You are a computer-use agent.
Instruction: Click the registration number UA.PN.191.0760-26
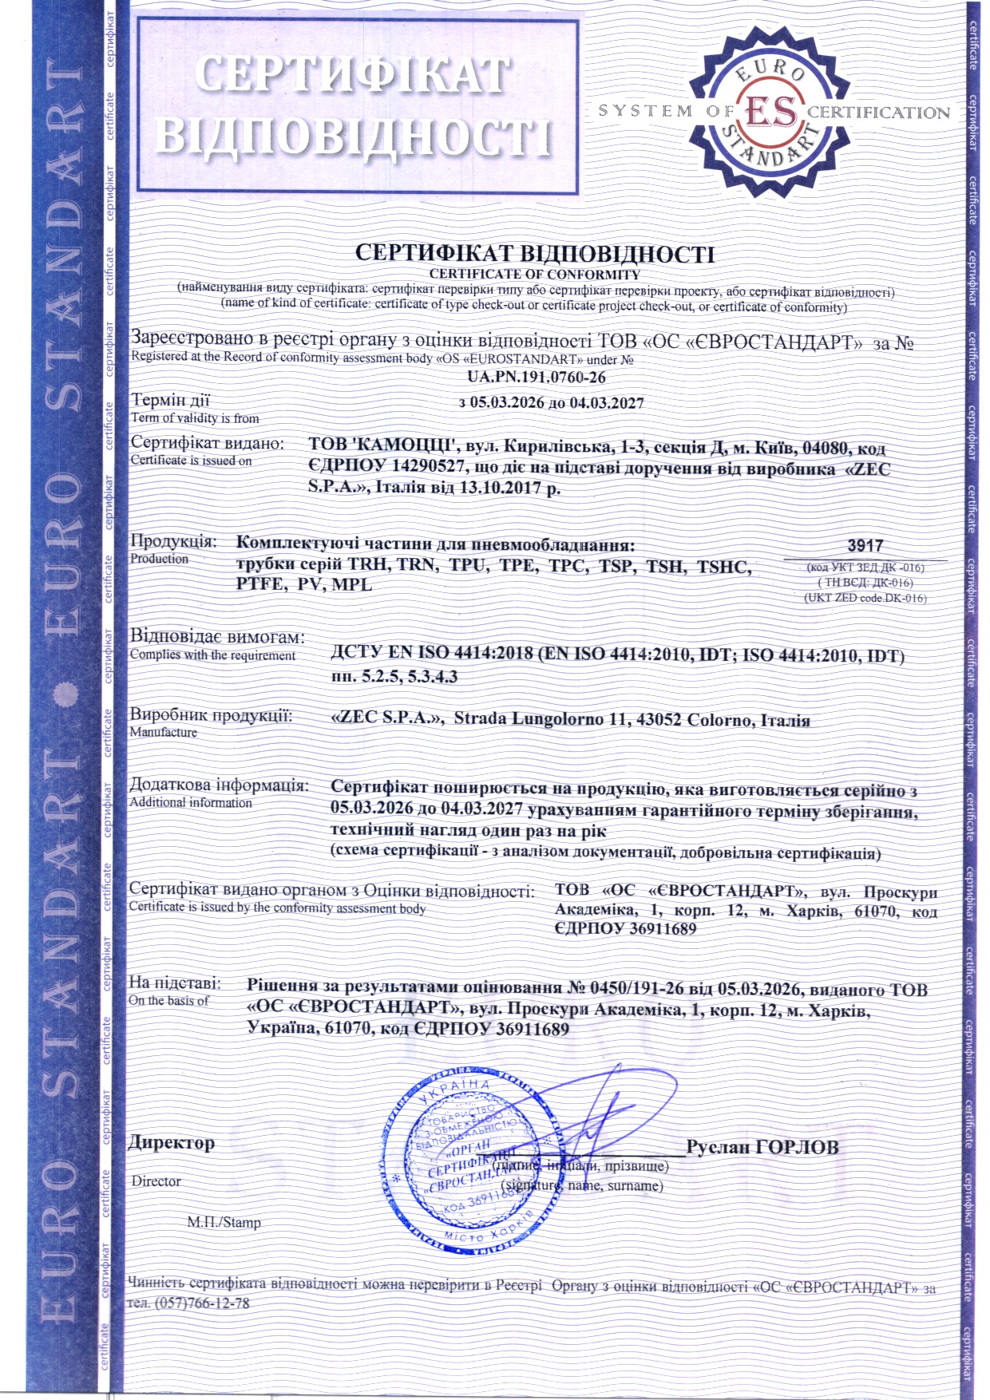point(537,378)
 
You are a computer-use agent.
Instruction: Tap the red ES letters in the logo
point(770,112)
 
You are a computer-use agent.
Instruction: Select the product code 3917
point(865,546)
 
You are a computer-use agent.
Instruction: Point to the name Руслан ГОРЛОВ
point(762,1148)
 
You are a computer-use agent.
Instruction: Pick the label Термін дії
point(170,401)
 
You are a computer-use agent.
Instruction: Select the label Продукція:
point(173,541)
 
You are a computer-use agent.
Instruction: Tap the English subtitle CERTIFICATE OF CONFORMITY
point(535,274)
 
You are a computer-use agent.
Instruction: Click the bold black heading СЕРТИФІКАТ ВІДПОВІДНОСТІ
point(535,254)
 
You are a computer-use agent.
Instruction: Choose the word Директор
point(172,1143)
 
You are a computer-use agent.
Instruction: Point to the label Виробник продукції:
point(212,715)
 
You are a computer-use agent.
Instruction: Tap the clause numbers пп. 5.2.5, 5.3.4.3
point(394,676)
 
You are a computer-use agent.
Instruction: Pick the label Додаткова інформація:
point(220,785)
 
